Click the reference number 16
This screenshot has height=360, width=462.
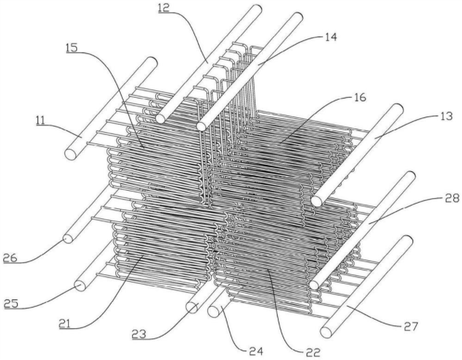click(359, 98)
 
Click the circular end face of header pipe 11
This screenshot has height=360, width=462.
click(70, 154)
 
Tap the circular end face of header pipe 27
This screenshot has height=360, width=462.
click(326, 332)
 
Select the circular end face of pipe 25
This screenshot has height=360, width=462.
click(80, 285)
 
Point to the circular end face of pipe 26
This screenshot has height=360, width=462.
click(68, 239)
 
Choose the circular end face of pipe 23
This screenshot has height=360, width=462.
click(192, 307)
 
